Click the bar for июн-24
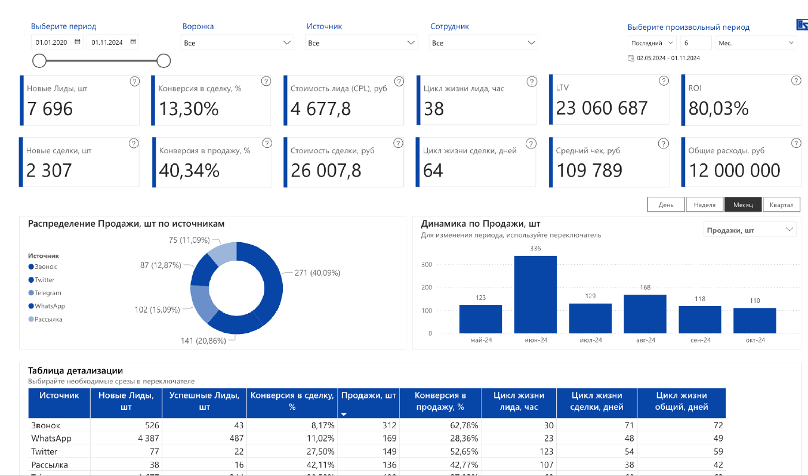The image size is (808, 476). pos(535,294)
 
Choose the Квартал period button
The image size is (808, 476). pos(781,205)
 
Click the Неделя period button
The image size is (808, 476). pos(704,205)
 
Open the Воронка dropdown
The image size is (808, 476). pos(237,43)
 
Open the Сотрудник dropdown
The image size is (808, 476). pos(483,43)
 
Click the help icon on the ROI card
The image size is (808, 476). pos(795,81)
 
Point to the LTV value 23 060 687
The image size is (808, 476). pos(602,108)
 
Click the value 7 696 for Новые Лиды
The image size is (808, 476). pos(50,109)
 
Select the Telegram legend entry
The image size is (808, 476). pos(48,293)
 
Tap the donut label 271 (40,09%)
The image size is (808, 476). pos(317,273)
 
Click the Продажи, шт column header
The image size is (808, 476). pos(368,395)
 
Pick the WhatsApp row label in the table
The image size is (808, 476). pos(51,438)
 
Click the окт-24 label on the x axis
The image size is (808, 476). pos(755,340)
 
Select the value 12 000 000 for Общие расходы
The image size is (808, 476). pos(735,171)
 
